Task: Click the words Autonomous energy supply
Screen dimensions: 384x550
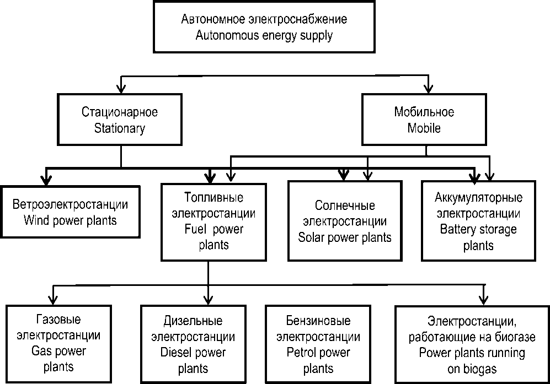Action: coord(264,36)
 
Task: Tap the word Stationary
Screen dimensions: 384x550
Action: coord(120,129)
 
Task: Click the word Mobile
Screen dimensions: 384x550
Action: coord(424,129)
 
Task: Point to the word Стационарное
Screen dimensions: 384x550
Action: coord(120,113)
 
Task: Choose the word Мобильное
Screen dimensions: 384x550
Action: coord(424,113)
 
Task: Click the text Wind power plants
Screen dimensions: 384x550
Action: coord(71,221)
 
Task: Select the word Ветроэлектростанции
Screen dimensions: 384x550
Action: coord(71,205)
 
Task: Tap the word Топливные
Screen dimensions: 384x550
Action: coord(212,197)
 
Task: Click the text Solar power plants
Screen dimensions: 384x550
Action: coord(345,237)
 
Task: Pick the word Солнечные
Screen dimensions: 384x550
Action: coord(345,205)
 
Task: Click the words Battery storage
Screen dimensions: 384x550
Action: coord(478,229)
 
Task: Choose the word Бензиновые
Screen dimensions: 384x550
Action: coord(318,320)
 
